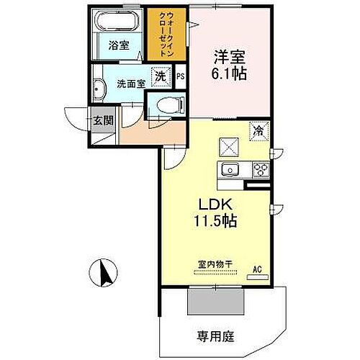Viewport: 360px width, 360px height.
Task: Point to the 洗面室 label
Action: (x=132, y=83)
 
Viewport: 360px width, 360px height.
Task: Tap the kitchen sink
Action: (x=230, y=171)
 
